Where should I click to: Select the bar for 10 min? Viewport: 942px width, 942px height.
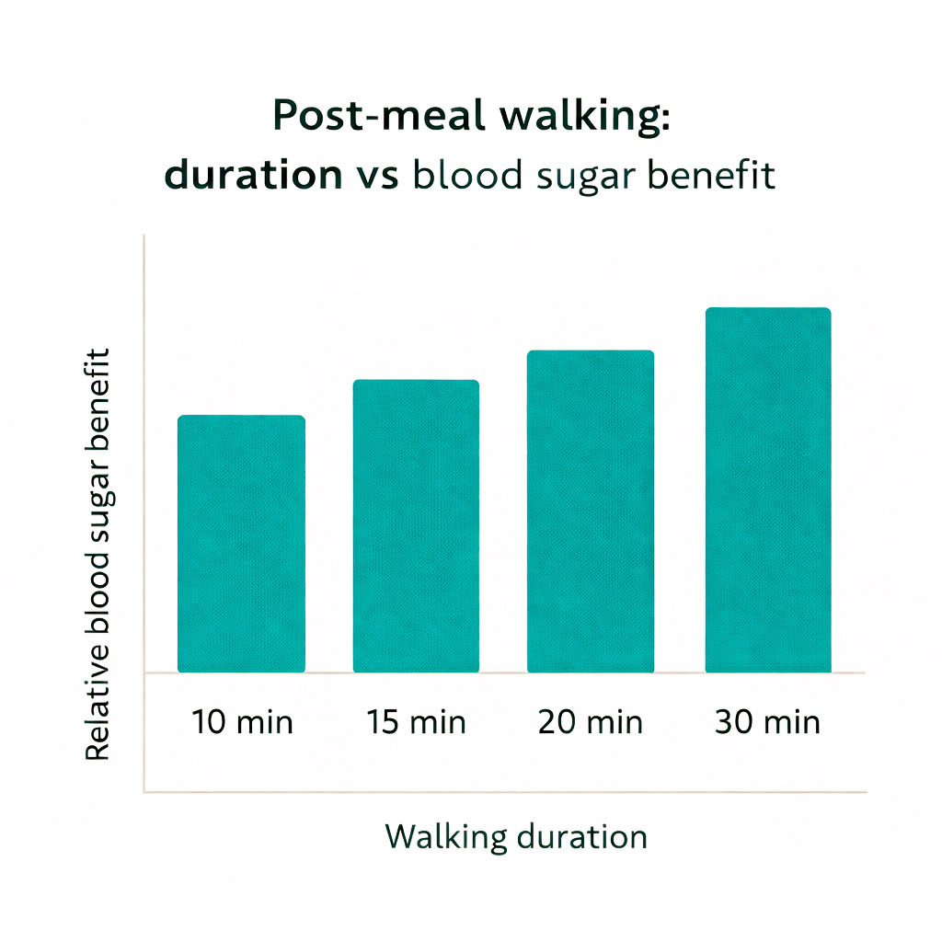(x=241, y=543)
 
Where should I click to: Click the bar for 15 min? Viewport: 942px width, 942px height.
(x=416, y=525)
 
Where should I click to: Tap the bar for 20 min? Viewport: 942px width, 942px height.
(x=590, y=511)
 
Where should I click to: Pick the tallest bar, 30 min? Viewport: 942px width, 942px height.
(x=767, y=489)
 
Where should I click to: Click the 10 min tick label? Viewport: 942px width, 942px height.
(x=242, y=722)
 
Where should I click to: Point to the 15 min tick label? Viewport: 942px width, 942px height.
(x=416, y=722)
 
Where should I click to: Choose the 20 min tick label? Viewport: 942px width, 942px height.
(x=590, y=722)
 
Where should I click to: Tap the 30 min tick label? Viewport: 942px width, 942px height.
(x=767, y=722)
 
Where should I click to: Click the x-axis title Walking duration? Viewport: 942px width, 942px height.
(x=515, y=837)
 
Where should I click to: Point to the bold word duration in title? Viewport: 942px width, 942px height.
(x=252, y=176)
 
